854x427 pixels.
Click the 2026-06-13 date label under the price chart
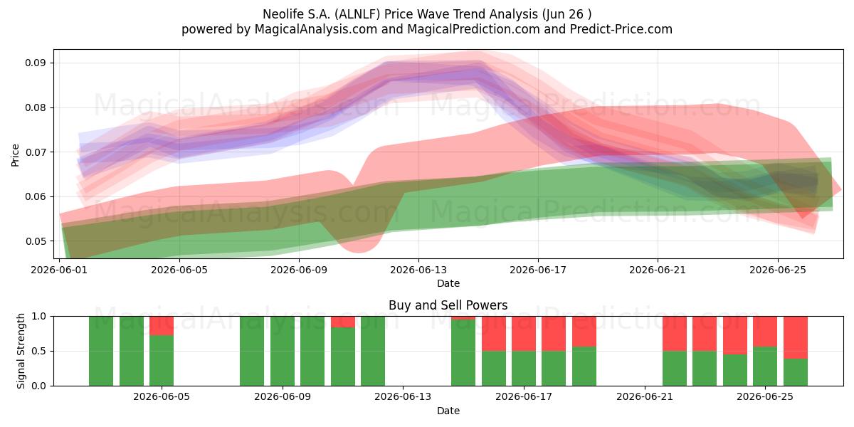(x=418, y=270)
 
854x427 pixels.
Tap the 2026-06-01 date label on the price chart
(x=59, y=270)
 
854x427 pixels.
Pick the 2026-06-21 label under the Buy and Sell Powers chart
(x=645, y=397)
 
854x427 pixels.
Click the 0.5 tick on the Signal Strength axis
(x=38, y=351)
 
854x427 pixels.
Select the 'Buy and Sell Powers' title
(x=448, y=305)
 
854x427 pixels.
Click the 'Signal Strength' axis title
(x=21, y=351)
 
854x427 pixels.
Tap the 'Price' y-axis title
(x=15, y=155)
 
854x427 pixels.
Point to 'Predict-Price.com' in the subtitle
(x=621, y=29)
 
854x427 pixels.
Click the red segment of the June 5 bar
(x=162, y=326)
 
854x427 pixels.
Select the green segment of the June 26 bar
(x=796, y=372)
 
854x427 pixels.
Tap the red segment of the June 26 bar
(x=796, y=338)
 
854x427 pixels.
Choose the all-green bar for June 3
(x=101, y=351)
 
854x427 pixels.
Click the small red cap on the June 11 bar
(x=343, y=322)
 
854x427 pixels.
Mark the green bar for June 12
(x=373, y=351)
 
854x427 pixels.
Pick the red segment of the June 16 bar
(x=494, y=334)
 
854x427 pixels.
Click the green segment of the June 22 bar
(x=675, y=369)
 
